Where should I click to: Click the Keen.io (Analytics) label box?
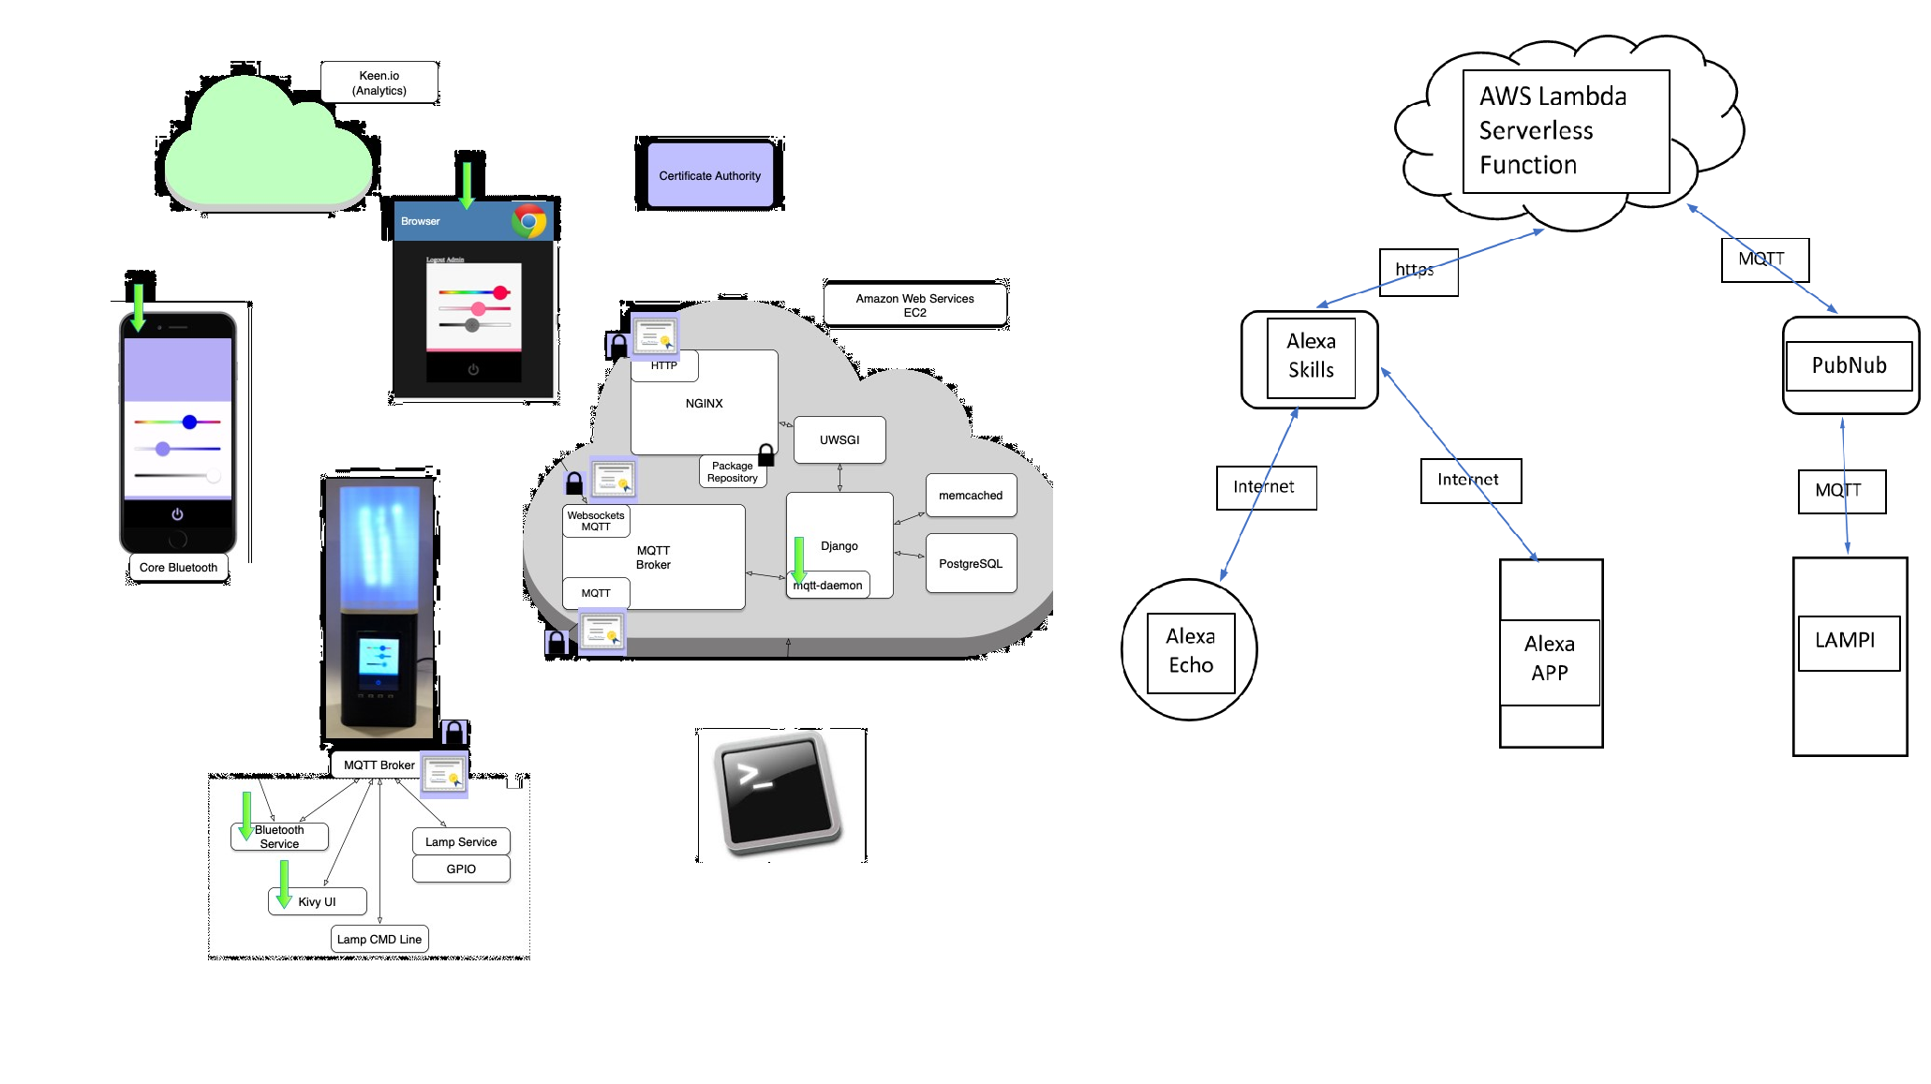[379, 83]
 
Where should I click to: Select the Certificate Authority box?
[709, 175]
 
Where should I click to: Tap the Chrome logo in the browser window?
[529, 221]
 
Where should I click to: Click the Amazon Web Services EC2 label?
[914, 304]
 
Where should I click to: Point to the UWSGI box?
[839, 439]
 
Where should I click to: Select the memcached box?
[971, 496]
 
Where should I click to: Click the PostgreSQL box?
[971, 563]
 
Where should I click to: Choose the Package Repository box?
[732, 471]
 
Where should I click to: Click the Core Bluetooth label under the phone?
[178, 568]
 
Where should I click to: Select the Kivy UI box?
[318, 901]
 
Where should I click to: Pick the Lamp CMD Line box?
[379, 939]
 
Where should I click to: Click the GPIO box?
[461, 869]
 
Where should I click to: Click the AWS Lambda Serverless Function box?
[1566, 131]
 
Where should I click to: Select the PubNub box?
[1849, 365]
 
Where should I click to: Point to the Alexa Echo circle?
[1190, 651]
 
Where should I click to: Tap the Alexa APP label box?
[1550, 659]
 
